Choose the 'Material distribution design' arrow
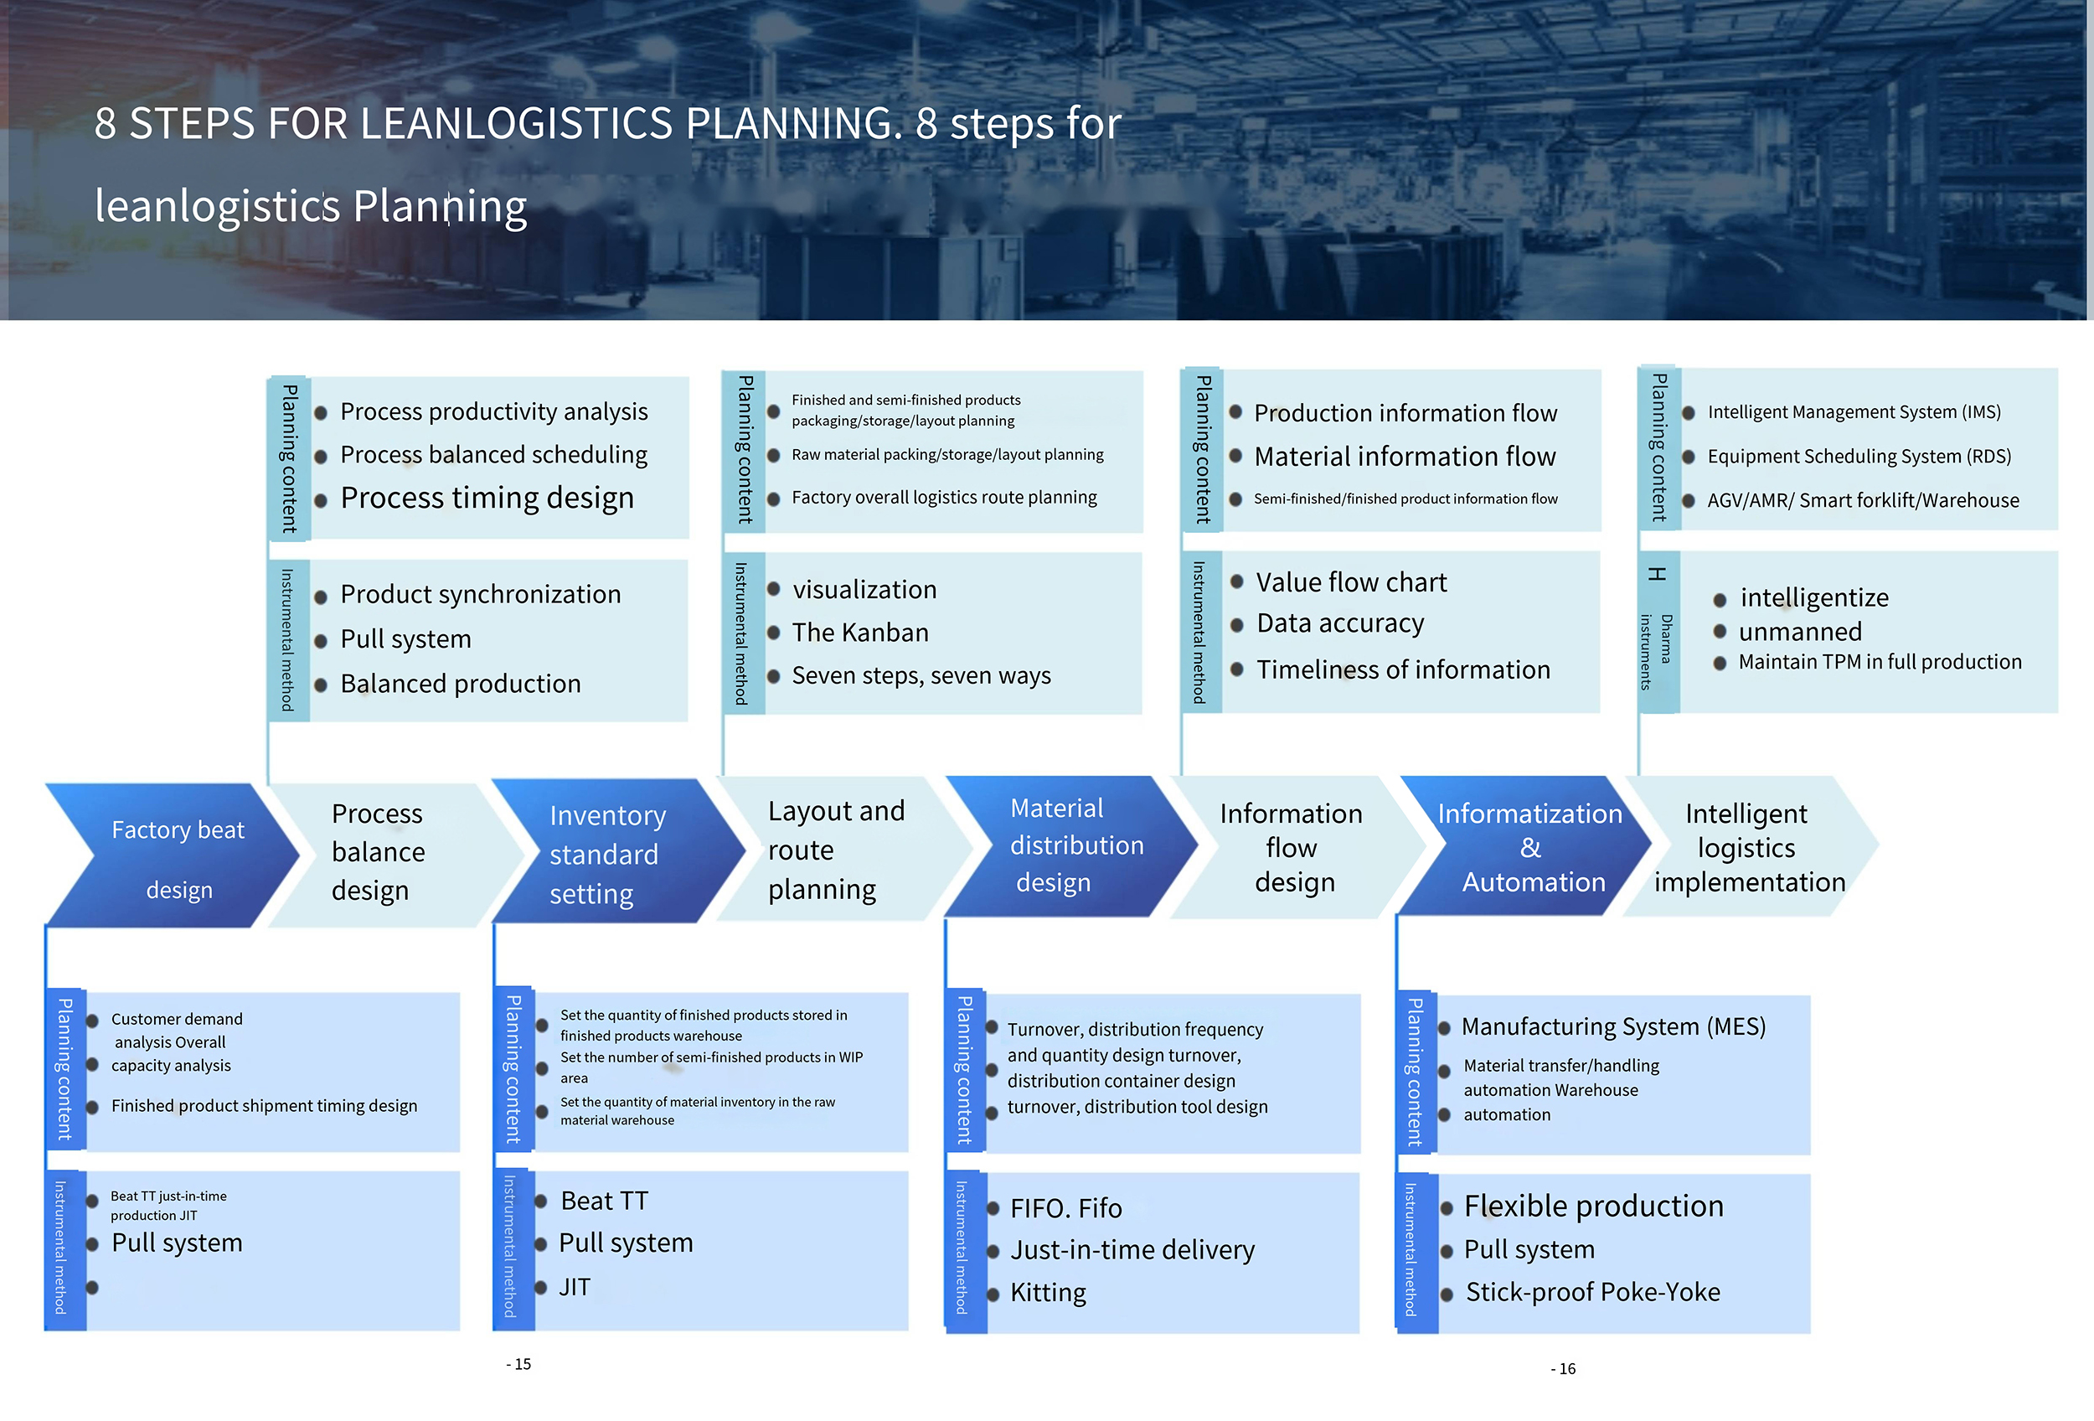1072,847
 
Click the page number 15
519,1364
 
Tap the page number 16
1563,1369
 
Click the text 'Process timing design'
487,498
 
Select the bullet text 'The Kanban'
859,633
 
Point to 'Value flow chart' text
1352,582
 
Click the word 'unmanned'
1800,632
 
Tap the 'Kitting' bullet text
1048,1293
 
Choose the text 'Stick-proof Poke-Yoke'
1593,1292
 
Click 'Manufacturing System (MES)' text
1614,1026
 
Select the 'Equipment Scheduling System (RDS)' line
1859,456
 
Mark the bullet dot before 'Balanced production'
321,685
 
